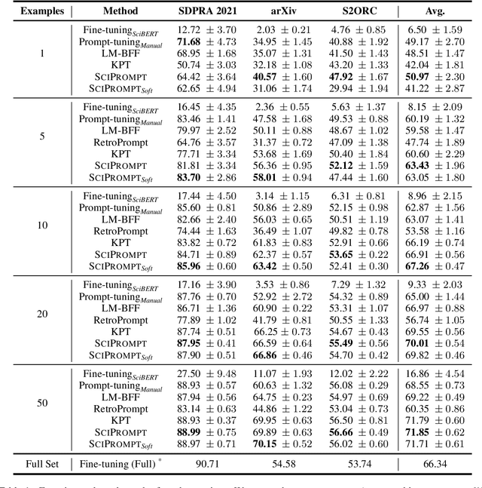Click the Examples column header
[x=38, y=12]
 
